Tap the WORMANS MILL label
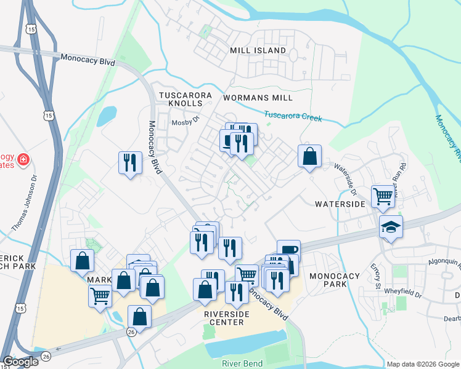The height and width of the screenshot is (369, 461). coord(258,98)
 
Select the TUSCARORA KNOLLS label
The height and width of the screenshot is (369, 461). coord(186,100)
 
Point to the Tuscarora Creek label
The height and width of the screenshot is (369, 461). coord(293,116)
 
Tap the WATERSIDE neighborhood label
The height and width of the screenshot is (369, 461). coord(341,204)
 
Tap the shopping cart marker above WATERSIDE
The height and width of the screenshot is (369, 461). coord(383,197)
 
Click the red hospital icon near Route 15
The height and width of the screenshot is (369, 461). coord(23,160)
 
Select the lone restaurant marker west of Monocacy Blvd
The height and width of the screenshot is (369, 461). coord(129,163)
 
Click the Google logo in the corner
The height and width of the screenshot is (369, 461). coord(20,362)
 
